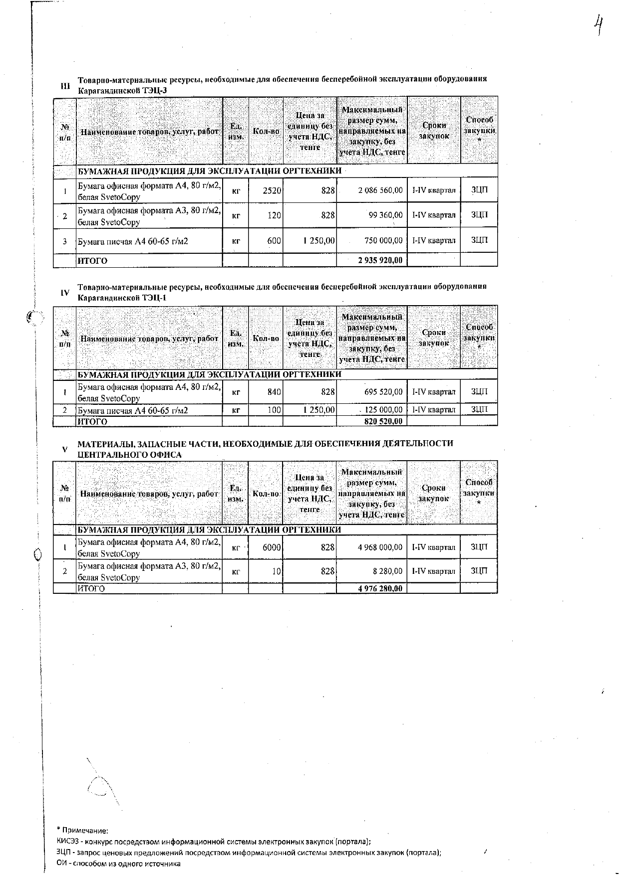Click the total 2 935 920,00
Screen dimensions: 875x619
point(380,260)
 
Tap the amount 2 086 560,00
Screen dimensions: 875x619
point(380,190)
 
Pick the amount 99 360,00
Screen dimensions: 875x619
point(384,215)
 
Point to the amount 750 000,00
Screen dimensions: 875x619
point(383,241)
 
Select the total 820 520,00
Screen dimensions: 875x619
point(383,422)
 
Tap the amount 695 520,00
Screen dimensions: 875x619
point(383,392)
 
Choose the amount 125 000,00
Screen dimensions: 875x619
point(383,410)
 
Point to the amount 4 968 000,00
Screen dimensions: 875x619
point(380,547)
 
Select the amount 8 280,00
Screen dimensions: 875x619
point(387,571)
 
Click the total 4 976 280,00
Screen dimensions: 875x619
point(380,588)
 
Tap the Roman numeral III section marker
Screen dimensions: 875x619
point(65,86)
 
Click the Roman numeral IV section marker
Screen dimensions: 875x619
point(65,293)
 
